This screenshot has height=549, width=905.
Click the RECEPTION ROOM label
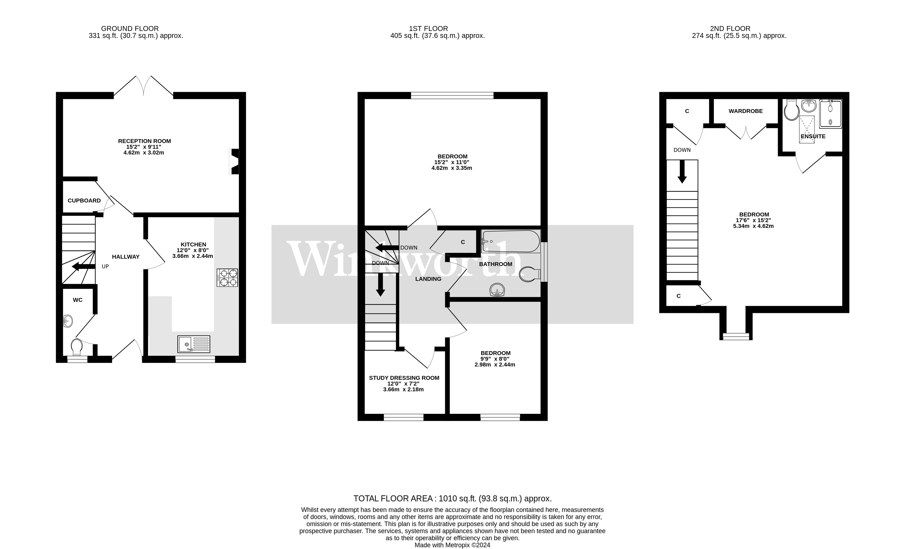pos(144,141)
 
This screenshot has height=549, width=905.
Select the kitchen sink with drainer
pos(194,344)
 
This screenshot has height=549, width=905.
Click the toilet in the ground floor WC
pos(77,347)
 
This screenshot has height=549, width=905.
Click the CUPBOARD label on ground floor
pos(84,200)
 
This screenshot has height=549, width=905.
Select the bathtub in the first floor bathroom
pos(510,241)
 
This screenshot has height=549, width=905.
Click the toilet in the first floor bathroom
pos(529,274)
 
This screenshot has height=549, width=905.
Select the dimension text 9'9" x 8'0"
pos(495,359)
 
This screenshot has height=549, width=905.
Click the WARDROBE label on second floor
pos(746,111)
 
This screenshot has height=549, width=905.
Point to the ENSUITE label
pos(813,136)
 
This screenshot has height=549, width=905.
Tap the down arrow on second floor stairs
pos(682,172)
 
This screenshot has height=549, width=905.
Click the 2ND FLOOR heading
pos(730,28)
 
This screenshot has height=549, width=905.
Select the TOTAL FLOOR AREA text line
pos(452,499)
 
